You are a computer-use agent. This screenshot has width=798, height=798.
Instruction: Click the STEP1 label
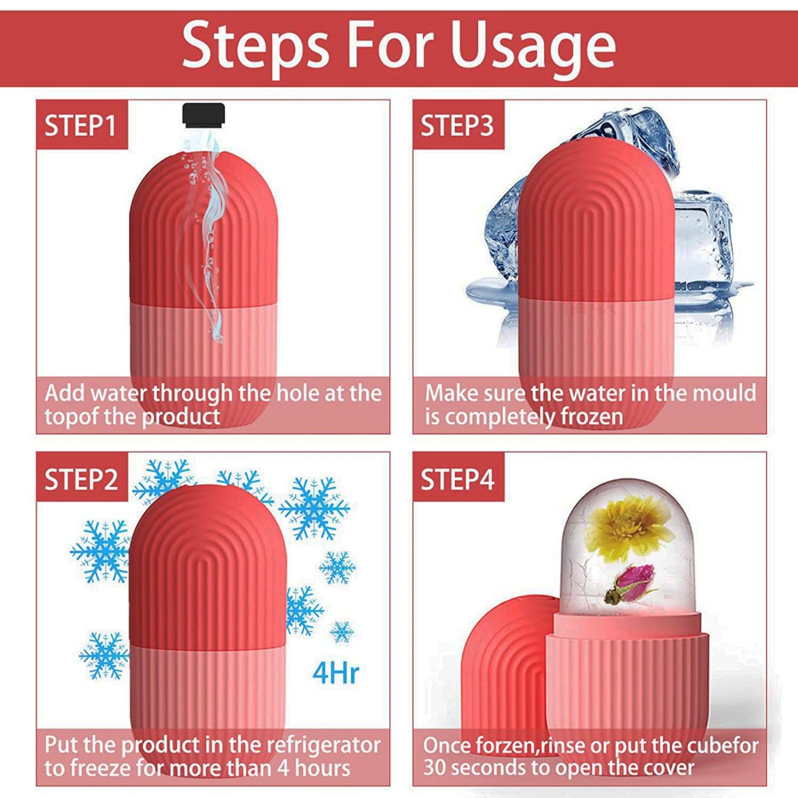(80, 125)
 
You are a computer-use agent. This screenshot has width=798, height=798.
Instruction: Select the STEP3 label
(457, 125)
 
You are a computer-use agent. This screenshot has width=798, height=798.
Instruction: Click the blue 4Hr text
(335, 674)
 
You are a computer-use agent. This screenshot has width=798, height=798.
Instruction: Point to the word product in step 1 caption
(181, 417)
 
